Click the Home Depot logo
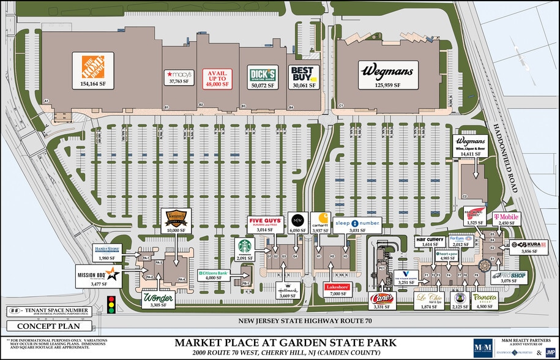click(x=89, y=66)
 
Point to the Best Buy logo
click(x=303, y=73)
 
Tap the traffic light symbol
click(x=111, y=304)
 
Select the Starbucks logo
click(x=245, y=246)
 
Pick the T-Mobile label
click(x=504, y=217)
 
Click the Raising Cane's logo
click(x=381, y=298)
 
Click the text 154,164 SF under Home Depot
click(x=89, y=83)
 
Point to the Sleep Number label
click(x=357, y=223)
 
